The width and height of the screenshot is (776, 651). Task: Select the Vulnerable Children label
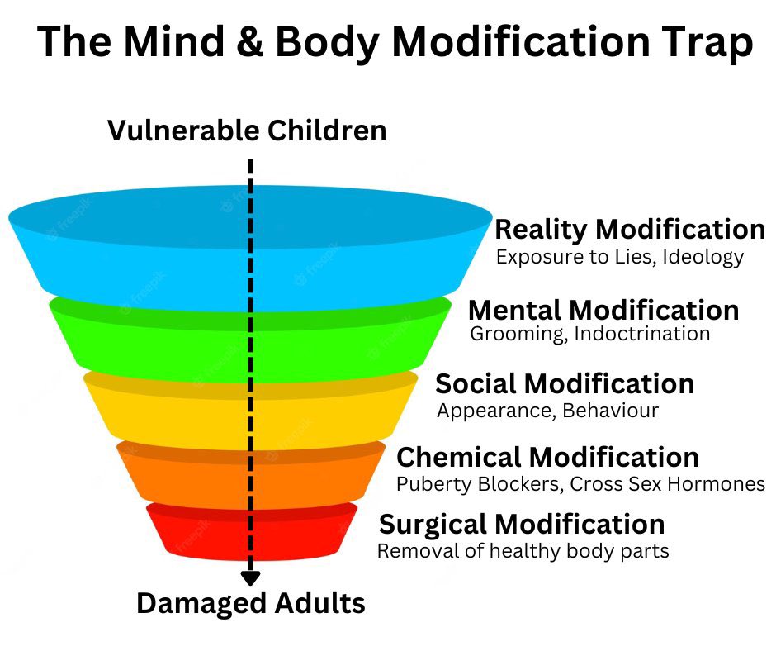click(x=247, y=131)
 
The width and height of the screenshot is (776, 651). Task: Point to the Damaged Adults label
click(x=251, y=603)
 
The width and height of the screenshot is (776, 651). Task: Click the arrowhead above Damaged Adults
click(x=250, y=577)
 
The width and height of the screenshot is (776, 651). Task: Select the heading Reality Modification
click(x=630, y=230)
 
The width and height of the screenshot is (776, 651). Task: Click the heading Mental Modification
click(x=603, y=311)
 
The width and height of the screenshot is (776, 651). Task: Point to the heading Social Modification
click(x=565, y=384)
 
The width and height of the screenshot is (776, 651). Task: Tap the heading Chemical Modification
click(x=548, y=457)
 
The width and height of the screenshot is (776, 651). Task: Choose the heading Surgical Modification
click(x=522, y=525)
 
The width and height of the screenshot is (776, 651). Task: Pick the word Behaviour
click(x=610, y=411)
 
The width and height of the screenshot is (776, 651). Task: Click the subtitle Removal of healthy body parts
click(x=523, y=551)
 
